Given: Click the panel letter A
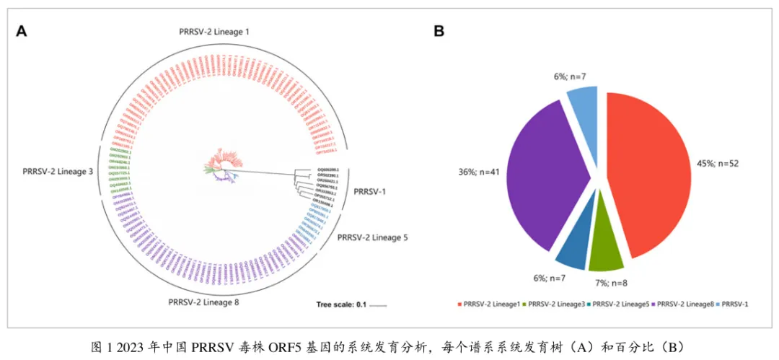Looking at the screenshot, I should (x=22, y=30).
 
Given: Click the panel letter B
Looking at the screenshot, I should (x=439, y=30).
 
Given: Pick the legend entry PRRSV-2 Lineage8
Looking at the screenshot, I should (x=682, y=304).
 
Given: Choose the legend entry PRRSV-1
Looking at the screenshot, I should (x=735, y=304).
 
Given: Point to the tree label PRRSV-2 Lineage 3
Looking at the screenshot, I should (x=56, y=172).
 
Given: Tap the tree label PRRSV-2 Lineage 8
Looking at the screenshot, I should (x=203, y=301).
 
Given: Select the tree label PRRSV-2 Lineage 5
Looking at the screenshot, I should (x=372, y=237).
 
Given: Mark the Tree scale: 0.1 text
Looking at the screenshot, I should (x=341, y=304).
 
